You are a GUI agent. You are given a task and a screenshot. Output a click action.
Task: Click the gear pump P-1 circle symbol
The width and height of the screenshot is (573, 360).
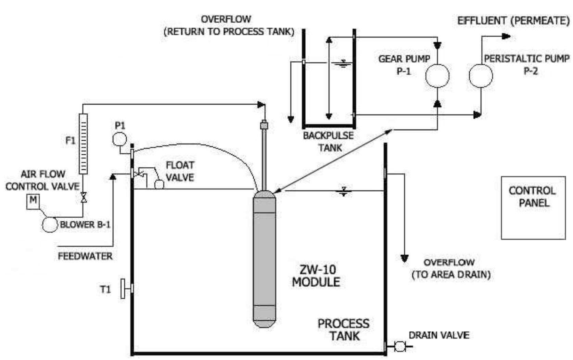click(437, 75)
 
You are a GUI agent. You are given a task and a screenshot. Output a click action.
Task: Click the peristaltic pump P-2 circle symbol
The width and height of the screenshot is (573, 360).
click(480, 75)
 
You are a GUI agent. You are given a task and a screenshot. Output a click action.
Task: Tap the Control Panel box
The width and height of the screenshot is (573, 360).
click(533, 207)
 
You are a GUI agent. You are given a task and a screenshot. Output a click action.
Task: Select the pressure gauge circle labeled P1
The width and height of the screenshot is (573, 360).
click(119, 139)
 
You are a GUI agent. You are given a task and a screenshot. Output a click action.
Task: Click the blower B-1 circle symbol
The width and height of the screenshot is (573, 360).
click(50, 224)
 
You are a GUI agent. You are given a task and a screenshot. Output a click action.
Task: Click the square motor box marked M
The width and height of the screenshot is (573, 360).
click(33, 201)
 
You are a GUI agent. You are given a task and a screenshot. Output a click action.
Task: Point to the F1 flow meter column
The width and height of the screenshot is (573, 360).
click(83, 144)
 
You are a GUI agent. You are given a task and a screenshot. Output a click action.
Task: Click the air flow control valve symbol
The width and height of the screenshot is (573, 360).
click(83, 197)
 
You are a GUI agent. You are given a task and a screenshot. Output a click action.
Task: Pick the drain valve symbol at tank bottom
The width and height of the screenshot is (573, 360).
click(399, 346)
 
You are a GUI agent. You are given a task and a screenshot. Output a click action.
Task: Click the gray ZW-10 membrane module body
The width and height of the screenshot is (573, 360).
click(264, 260)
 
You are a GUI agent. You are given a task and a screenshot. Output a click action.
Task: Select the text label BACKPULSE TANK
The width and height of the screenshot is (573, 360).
click(328, 142)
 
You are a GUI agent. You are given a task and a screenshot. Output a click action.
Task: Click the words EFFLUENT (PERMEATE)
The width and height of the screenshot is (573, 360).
click(513, 21)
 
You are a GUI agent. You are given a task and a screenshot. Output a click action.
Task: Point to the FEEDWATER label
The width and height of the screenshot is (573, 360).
click(85, 256)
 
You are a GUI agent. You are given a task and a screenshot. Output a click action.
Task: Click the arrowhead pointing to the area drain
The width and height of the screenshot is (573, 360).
click(405, 258)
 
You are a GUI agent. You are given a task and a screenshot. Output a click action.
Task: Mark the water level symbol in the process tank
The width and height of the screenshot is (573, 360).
click(344, 192)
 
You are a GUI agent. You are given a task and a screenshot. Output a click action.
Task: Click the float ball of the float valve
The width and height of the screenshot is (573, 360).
click(159, 184)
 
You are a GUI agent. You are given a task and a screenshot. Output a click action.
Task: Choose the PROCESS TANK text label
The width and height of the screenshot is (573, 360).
click(343, 330)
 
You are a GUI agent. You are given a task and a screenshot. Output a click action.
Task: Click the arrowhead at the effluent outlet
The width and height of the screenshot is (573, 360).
click(506, 36)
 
